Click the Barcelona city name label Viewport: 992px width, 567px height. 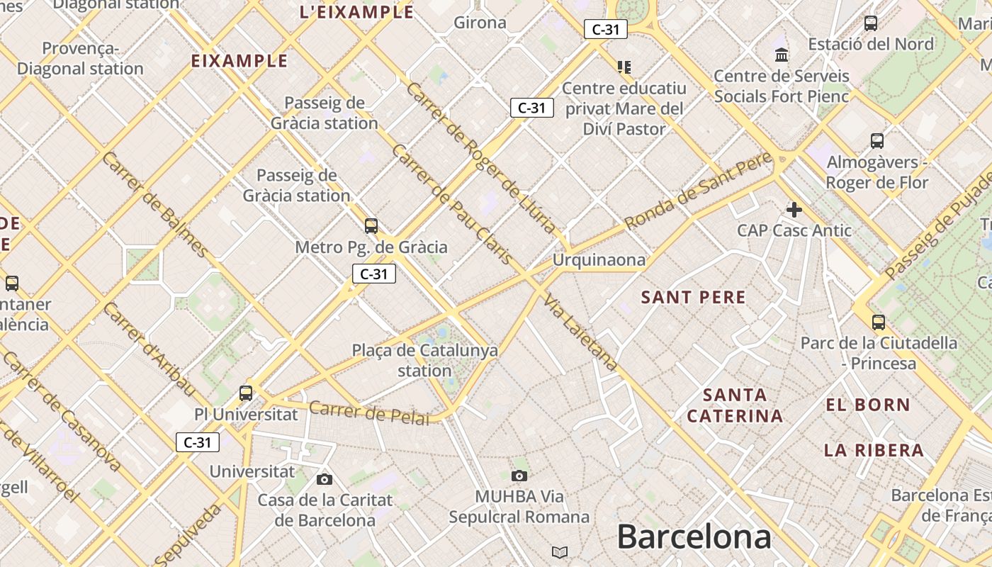tap(694, 537)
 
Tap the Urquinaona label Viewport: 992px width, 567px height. tap(599, 260)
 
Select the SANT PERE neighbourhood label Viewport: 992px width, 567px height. tap(693, 297)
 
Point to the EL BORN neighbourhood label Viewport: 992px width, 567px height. tap(868, 405)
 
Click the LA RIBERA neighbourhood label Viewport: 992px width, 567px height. tap(874, 450)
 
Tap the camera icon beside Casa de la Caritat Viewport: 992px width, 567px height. tap(325, 479)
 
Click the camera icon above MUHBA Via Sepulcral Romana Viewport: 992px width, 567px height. tap(519, 476)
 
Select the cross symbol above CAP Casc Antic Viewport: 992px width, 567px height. tap(794, 210)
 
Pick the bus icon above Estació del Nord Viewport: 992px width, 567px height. tap(871, 23)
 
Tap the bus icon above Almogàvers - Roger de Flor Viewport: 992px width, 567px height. tap(877, 141)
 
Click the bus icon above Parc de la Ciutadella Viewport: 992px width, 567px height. tap(879, 322)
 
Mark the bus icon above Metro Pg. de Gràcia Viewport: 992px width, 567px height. tap(371, 226)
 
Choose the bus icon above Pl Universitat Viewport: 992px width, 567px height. tap(246, 393)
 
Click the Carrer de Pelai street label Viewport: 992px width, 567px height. tap(369, 412)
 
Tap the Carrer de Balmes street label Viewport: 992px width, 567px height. tap(154, 204)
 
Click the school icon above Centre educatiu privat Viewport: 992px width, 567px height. tap(624, 67)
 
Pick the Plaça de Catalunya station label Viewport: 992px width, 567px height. tap(425, 360)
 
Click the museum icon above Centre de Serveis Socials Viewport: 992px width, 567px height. tap(782, 55)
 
